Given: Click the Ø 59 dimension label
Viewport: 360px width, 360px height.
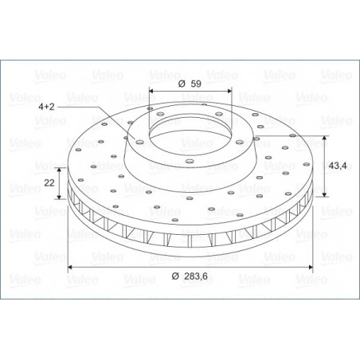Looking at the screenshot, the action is pyautogui.click(x=190, y=84).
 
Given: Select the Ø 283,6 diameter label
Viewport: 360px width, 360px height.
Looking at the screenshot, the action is pyautogui.click(x=190, y=276).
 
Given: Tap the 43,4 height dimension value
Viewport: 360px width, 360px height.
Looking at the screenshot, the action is pyautogui.click(x=338, y=166).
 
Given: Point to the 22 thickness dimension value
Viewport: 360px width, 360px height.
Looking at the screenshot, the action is pyautogui.click(x=49, y=182).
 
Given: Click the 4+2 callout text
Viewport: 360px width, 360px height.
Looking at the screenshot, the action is pyautogui.click(x=46, y=107).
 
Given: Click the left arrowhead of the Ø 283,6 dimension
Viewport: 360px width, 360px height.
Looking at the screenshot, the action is pyautogui.click(x=70, y=267).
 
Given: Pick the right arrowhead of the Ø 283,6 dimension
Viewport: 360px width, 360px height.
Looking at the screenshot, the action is pyautogui.click(x=311, y=267).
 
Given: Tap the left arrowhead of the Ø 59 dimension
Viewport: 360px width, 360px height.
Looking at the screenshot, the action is pyautogui.click(x=151, y=91).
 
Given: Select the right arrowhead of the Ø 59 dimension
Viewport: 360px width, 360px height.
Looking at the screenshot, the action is pyautogui.click(x=229, y=91).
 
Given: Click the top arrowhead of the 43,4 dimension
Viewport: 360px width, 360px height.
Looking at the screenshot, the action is pyautogui.click(x=324, y=138).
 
